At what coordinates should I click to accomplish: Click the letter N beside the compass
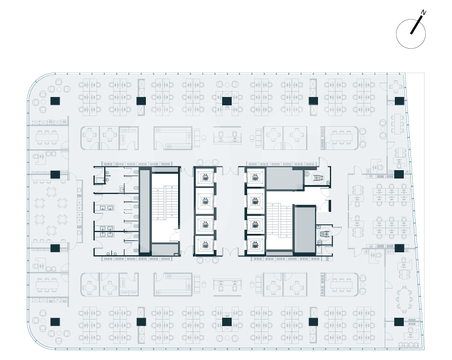(423, 12)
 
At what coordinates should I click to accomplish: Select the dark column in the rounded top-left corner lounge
(54, 101)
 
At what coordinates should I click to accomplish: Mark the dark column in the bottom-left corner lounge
(55, 321)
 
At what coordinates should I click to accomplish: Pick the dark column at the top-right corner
(398, 101)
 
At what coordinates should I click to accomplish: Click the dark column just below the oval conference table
(398, 321)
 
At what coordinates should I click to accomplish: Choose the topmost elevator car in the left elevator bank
(205, 177)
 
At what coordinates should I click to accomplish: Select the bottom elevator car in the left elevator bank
(205, 245)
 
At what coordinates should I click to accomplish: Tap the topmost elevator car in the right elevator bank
(255, 177)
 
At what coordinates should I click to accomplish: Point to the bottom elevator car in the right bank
(255, 245)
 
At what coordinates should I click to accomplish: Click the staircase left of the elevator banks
(164, 208)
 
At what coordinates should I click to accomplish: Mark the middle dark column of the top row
(226, 101)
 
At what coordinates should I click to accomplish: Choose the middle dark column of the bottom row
(226, 321)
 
